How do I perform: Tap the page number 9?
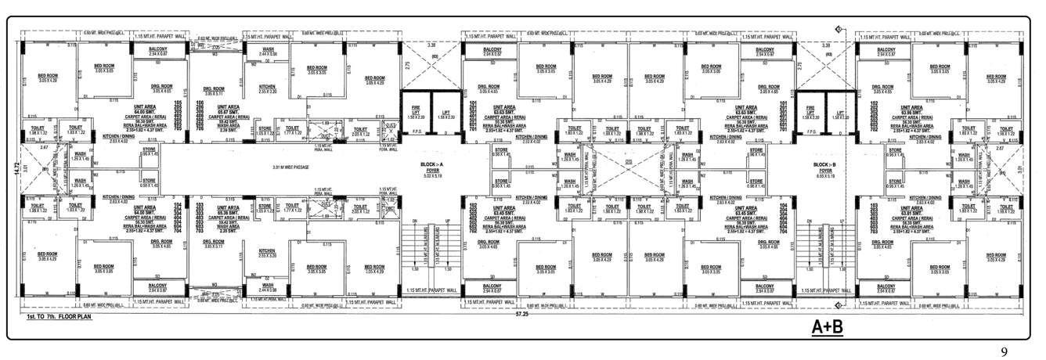coord(1005,351)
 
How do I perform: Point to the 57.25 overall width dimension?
coord(518,313)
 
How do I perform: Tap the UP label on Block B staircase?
coord(842,221)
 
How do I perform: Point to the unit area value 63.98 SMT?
coord(911,113)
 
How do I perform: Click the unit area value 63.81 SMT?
coord(911,212)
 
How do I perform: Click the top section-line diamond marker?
coord(839,29)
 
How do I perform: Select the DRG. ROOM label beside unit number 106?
coord(213,88)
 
